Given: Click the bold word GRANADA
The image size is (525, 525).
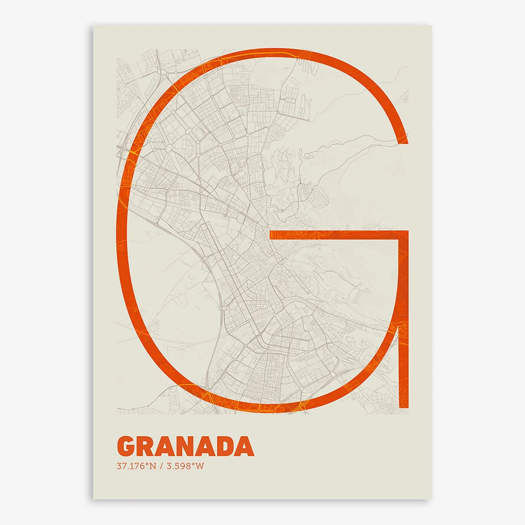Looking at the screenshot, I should pos(186,447).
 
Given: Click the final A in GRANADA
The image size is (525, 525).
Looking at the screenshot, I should pos(245,447).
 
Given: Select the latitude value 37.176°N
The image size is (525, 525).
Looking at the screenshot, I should pos(136,466).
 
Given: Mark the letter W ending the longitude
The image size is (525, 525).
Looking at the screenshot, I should pos(200,466).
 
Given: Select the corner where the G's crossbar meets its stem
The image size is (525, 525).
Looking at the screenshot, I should pos(403,235).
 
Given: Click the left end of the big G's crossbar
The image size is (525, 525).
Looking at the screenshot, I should pos(272,235).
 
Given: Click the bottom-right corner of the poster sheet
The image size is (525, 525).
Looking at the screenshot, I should pos(431,498).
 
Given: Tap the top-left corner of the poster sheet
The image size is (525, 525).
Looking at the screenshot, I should pos(93,26).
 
